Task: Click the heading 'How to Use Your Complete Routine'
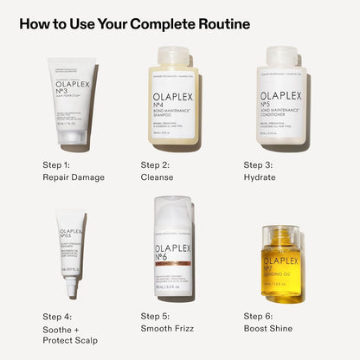point(134,24)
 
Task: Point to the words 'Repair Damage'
point(74,177)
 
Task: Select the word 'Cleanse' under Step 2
point(157,177)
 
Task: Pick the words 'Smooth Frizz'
point(169,329)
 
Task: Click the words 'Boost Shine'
point(268,329)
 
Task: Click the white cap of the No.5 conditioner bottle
point(280,56)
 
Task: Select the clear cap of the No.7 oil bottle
point(280,236)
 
